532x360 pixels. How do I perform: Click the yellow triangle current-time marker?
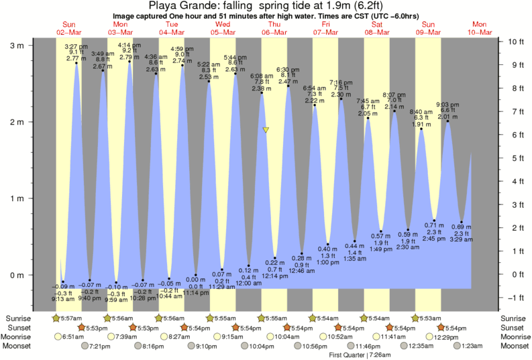pos(266,130)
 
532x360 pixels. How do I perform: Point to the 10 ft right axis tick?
pos(515,42)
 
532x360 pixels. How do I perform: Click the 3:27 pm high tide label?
pos(76,46)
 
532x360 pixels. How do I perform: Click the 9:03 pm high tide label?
pos(447,105)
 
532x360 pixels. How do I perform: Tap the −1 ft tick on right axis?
pos(514,298)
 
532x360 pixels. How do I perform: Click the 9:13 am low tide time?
pos(62,299)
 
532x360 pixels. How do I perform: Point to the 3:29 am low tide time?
pos(462,239)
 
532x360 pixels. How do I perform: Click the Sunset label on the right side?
pos(513,327)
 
